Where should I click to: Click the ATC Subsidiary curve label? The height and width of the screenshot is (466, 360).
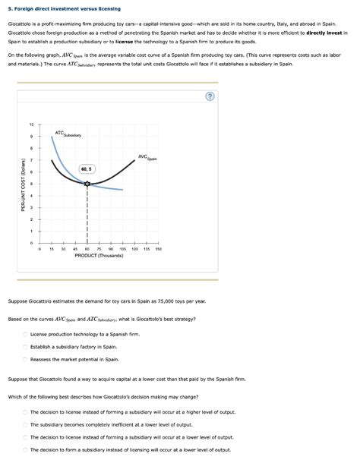68,134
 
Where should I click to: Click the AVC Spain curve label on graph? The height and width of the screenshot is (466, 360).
147,157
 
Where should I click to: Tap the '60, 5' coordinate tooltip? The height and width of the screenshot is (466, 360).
87,168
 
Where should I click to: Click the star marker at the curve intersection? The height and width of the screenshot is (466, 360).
87,184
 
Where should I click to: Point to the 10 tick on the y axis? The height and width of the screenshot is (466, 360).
31,124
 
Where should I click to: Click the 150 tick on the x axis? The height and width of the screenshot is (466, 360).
158,248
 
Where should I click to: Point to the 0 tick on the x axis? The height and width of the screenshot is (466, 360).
39,248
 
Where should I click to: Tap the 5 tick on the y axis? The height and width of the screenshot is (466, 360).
31,184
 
